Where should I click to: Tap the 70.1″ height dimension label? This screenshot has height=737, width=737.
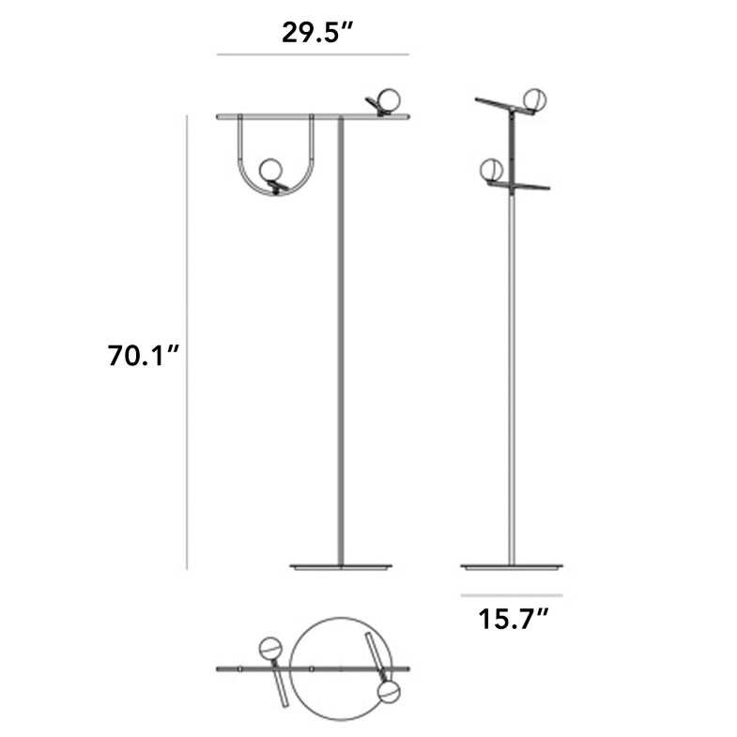(143, 358)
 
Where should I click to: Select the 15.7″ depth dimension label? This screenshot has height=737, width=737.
(512, 621)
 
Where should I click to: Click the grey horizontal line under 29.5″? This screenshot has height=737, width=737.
(312, 55)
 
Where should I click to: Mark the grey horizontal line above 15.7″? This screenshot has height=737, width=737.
(512, 595)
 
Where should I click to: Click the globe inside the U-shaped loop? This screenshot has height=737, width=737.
(270, 170)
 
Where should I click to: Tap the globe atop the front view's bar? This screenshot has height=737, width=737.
(385, 99)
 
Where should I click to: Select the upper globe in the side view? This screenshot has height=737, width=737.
(535, 100)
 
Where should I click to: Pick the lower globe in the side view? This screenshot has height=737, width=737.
(491, 170)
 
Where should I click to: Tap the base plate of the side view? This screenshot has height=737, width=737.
(512, 567)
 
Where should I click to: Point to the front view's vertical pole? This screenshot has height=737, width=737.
(340, 357)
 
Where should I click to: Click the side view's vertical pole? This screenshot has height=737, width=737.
(512, 376)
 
